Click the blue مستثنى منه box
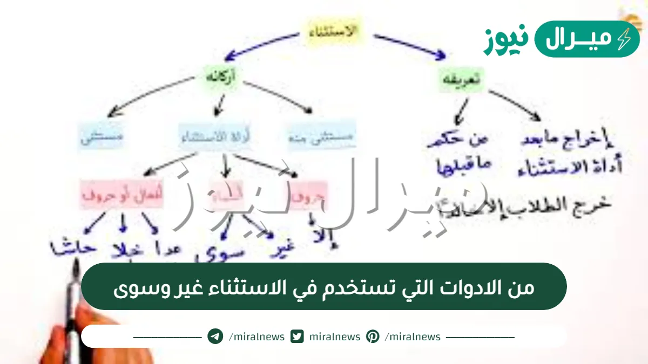pos(321,138)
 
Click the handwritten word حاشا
pos(73,248)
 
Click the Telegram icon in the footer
pos(215,336)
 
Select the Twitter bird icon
pos(297,336)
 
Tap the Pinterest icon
pos(373,336)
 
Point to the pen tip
pos(77,267)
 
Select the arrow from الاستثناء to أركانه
pos(259,45)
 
